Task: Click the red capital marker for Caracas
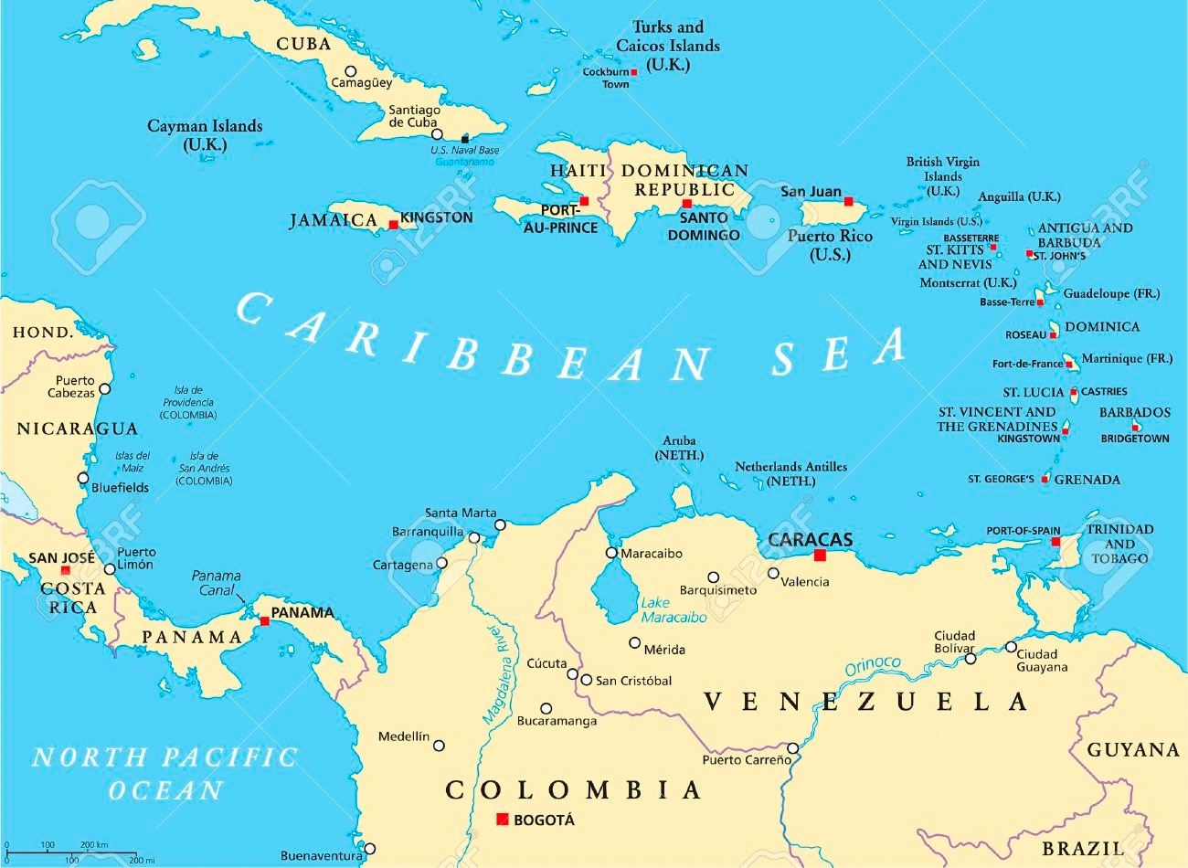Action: pyautogui.click(x=820, y=556)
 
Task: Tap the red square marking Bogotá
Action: pyautogui.click(x=502, y=820)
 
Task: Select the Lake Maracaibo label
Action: pyautogui.click(x=674, y=610)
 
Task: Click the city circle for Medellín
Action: pyautogui.click(x=439, y=746)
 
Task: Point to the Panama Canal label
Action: pyautogui.click(x=217, y=583)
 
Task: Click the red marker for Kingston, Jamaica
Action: pyautogui.click(x=394, y=225)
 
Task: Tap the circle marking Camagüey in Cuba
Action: pyautogui.click(x=350, y=71)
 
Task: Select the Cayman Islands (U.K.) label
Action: pyautogui.click(x=205, y=134)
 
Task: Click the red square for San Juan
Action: pyautogui.click(x=848, y=201)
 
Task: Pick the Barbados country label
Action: pyautogui.click(x=1134, y=412)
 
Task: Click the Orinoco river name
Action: pyautogui.click(x=873, y=666)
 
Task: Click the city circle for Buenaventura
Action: pyautogui.click(x=369, y=849)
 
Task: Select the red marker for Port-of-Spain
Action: pyautogui.click(x=1055, y=542)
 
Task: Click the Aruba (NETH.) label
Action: pyautogui.click(x=679, y=448)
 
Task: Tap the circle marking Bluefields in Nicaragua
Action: pyautogui.click(x=83, y=478)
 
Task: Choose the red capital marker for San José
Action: pyautogui.click(x=65, y=571)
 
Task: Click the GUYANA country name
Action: pyautogui.click(x=1133, y=750)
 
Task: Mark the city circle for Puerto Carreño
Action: pyautogui.click(x=793, y=748)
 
